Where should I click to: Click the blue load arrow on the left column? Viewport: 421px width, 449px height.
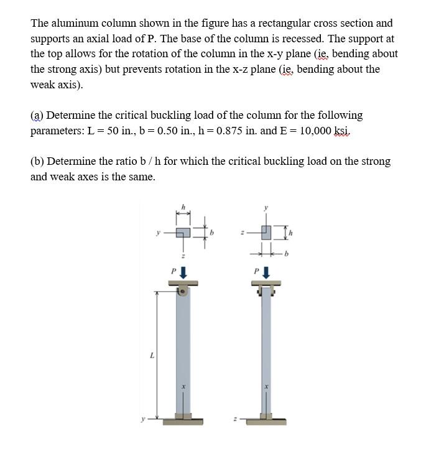click(x=183, y=272)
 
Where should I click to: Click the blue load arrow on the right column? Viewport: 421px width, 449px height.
click(x=266, y=272)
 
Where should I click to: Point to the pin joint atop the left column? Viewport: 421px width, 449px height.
click(x=183, y=290)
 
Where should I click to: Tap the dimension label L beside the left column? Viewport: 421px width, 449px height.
click(x=152, y=355)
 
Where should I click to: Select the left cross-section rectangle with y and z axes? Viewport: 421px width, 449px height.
click(x=183, y=233)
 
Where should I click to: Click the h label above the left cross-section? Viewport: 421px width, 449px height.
click(x=183, y=206)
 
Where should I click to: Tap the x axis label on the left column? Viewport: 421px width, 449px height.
click(x=184, y=386)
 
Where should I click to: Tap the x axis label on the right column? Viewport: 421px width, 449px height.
click(x=267, y=386)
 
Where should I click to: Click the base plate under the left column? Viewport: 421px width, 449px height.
click(x=183, y=421)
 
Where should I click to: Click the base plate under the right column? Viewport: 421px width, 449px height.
click(x=266, y=421)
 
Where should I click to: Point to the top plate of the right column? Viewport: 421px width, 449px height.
click(x=266, y=283)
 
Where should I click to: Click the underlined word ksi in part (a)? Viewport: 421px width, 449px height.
click(x=343, y=131)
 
